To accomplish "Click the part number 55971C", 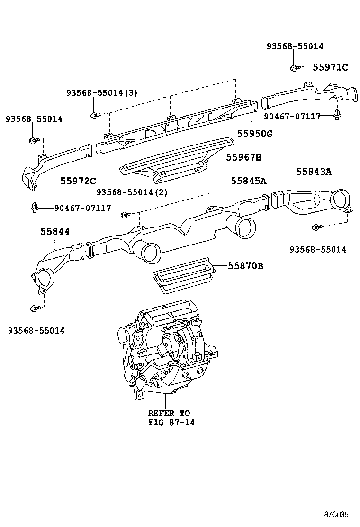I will coord(330,68).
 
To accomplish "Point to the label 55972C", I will coord(78,181).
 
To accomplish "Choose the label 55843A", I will coord(314,172).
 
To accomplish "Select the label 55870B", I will coord(245,266).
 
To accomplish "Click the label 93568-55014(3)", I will coord(101,93).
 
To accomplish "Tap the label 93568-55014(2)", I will coord(132,192).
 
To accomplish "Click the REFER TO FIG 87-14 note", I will coord(169,418).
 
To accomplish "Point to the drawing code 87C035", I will coord(336,514).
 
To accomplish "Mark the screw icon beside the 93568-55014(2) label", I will coord(125,215).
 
